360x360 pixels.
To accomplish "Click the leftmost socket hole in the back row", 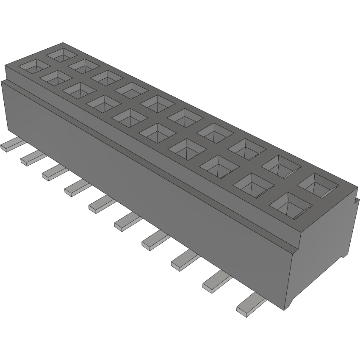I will [62, 54].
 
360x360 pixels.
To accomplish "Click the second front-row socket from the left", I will [55, 78].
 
